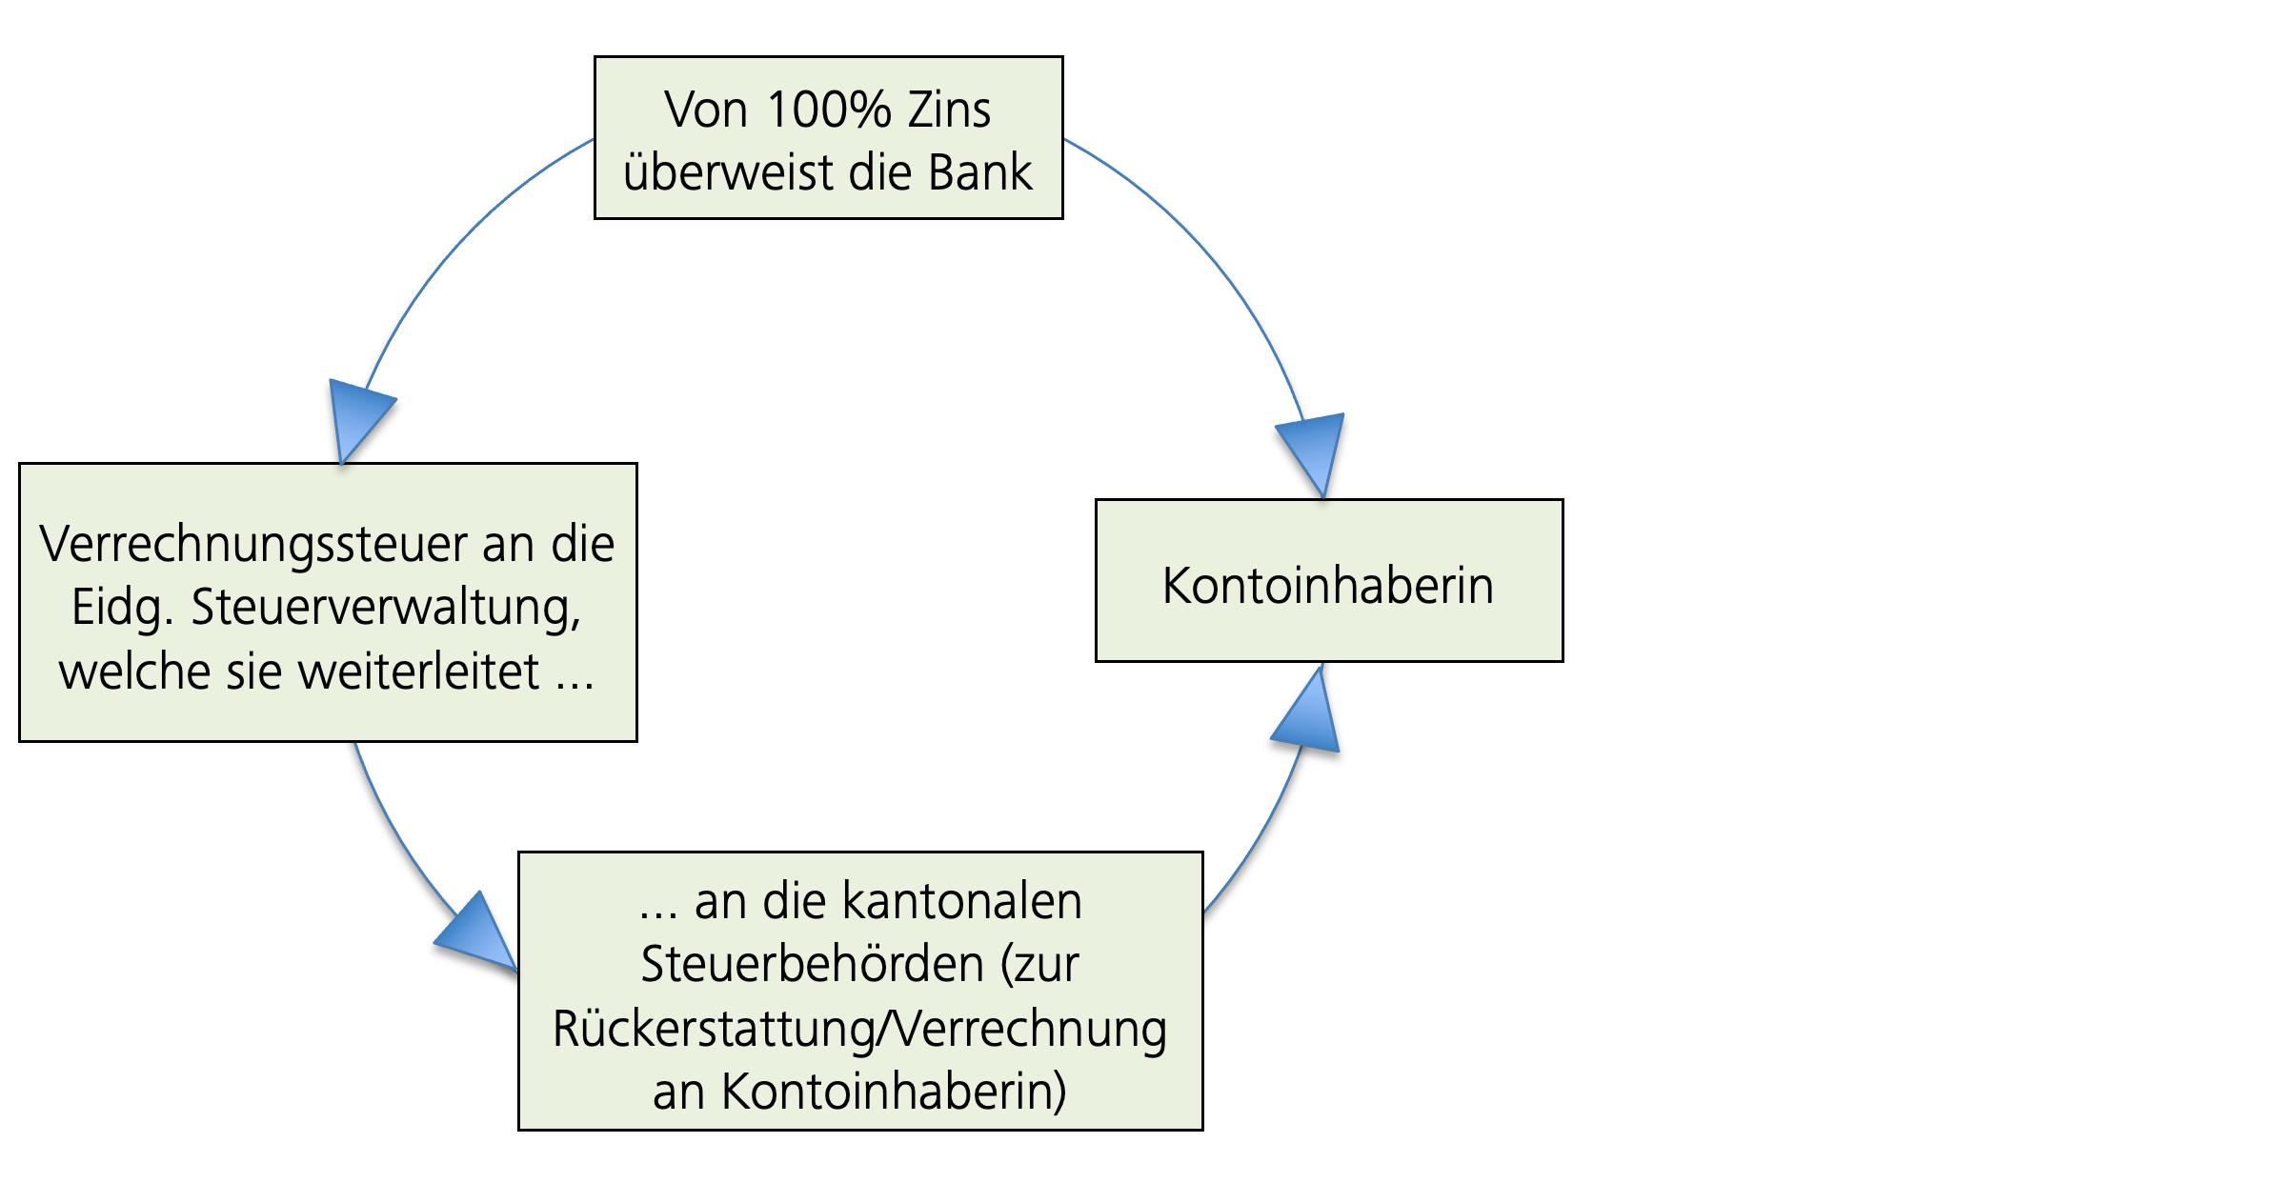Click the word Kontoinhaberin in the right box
pyautogui.click(x=1327, y=585)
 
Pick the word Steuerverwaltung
pyautogui.click(x=385, y=608)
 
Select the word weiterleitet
pyautogui.click(x=419, y=671)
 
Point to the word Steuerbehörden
pyautogui.click(x=812, y=963)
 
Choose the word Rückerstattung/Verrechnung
pyautogui.click(x=859, y=1028)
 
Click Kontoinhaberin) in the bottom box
pyautogui.click(x=893, y=1091)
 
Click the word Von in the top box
pyautogui.click(x=706, y=110)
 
